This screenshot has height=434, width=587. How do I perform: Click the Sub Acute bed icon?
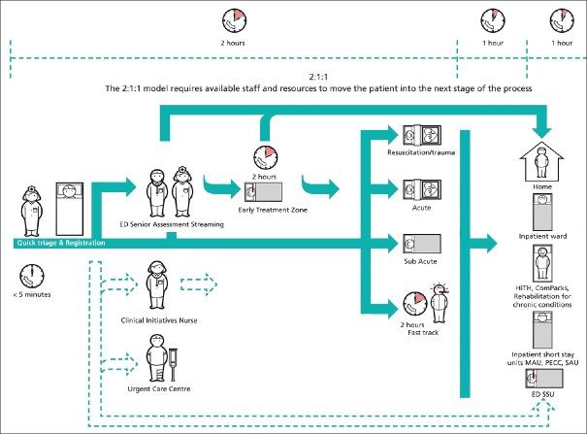pyautogui.click(x=427, y=242)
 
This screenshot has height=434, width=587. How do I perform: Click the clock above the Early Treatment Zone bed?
pyautogui.click(x=265, y=156)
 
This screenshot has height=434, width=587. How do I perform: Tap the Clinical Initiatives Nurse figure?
pyautogui.click(x=154, y=283)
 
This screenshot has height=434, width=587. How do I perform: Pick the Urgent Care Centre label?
pyautogui.click(x=156, y=389)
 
